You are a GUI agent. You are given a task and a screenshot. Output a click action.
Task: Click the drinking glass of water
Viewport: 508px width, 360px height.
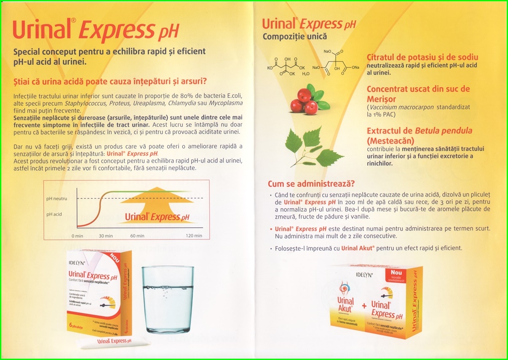coord(168,299)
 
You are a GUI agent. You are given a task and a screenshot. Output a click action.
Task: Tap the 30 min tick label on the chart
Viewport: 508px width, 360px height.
coord(106,236)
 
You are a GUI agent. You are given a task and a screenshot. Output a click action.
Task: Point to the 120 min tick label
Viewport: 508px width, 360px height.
coord(195,236)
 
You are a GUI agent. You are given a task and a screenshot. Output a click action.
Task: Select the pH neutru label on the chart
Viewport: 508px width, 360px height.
coord(56,198)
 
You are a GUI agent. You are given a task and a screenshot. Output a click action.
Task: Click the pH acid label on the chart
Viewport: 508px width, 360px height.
coord(54,214)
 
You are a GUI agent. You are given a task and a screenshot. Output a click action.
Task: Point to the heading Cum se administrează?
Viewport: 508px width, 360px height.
coord(311,184)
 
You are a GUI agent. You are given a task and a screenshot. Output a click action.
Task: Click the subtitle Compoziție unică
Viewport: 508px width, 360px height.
coord(295,37)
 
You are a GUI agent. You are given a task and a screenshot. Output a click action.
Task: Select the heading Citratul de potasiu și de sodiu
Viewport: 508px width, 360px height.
coord(422,57)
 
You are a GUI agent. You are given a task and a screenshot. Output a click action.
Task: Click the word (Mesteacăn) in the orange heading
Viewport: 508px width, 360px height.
coord(390,140)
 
